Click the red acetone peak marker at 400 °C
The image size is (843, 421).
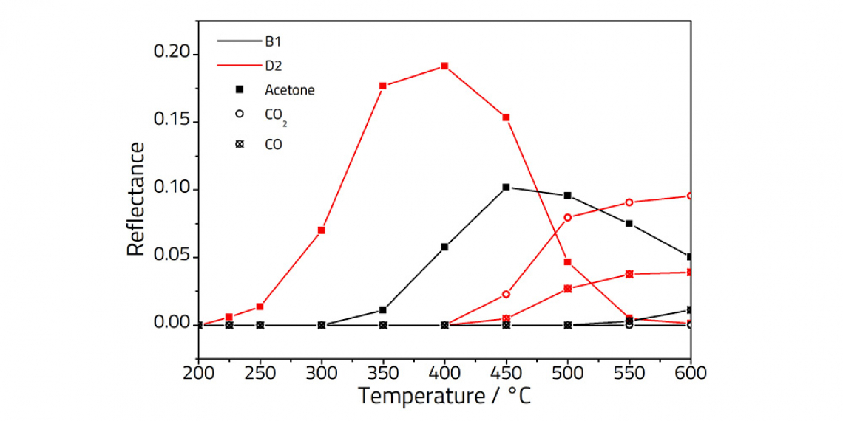coord(444,66)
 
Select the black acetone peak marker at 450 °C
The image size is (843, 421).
coord(506,187)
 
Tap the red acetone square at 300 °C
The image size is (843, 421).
coord(322,230)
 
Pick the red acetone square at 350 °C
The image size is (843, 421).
coord(383,86)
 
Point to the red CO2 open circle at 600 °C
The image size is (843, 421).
coord(690,196)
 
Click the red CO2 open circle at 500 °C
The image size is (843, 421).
coord(568,217)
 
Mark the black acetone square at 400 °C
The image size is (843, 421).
coord(444,247)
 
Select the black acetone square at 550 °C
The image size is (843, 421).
coord(629,224)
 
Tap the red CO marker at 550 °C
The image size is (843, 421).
coord(629,274)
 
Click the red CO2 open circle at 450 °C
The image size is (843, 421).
coord(506,294)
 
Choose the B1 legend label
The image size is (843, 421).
coord(273,41)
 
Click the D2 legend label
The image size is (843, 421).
coord(274,66)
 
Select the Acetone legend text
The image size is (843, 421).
coord(289,90)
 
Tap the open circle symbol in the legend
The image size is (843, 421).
coord(239,114)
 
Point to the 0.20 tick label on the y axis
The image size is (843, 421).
coord(171,54)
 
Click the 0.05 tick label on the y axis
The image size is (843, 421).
coord(171,256)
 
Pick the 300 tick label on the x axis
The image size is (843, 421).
coord(322,373)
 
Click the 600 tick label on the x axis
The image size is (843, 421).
coord(690,373)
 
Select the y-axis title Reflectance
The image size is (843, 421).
coord(136,199)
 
